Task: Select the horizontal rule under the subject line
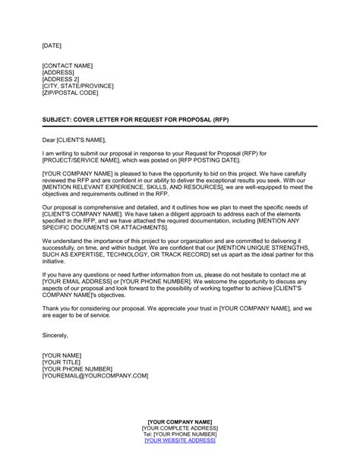pyautogui.click(x=180, y=127)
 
